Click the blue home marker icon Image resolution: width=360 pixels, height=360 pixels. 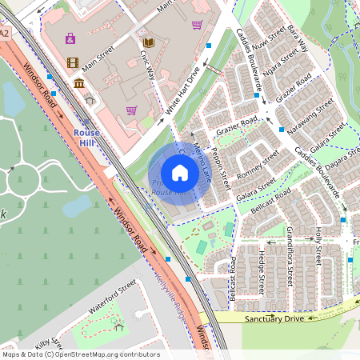pos(180,172)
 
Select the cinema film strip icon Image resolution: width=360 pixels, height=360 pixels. pos(73,62)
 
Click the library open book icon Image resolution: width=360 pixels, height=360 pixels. pos(148,42)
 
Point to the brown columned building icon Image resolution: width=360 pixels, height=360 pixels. pos(79,84)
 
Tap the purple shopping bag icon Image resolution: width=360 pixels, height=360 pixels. pos(70,38)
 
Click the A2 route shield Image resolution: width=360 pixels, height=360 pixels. pos(5,33)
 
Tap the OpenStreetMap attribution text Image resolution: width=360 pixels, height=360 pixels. pos(80,354)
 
